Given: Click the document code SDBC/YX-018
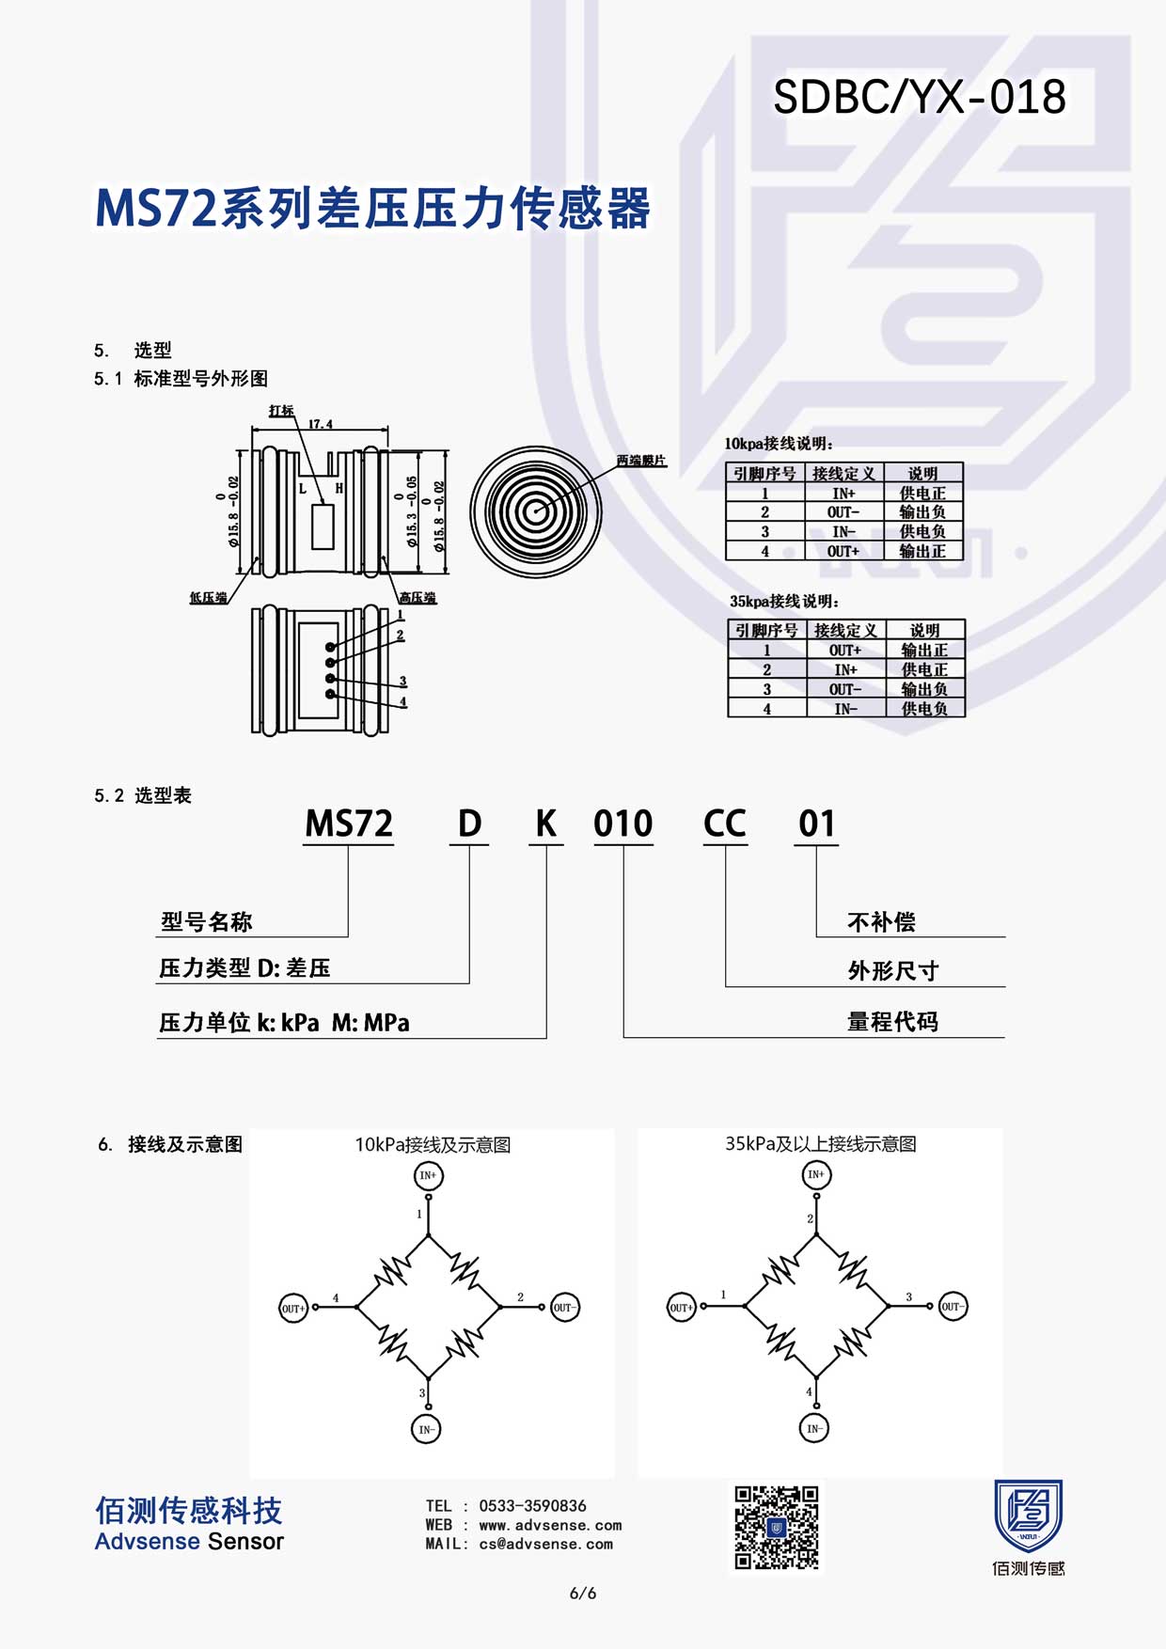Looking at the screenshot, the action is click(x=920, y=97).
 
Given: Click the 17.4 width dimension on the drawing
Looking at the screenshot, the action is click(x=321, y=424).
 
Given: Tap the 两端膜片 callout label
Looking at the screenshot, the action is click(x=641, y=461).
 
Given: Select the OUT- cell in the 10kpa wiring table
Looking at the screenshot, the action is click(x=843, y=512).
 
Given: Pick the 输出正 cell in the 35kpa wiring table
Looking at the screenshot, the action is click(x=924, y=650).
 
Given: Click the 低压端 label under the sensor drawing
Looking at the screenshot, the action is click(x=208, y=597).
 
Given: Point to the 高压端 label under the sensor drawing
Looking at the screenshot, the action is click(x=417, y=597).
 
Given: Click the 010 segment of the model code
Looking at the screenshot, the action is click(x=623, y=824).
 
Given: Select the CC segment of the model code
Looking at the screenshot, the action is click(x=725, y=824).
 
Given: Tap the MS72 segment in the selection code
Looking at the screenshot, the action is click(x=349, y=824).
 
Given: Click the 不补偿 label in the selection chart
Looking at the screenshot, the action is click(x=881, y=921).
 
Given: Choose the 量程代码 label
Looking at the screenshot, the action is click(x=892, y=1021).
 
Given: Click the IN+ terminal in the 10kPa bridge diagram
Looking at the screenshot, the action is click(x=428, y=1175).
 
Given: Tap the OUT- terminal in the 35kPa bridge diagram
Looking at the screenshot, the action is click(x=953, y=1307).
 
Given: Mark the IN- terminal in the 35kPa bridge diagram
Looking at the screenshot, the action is click(x=814, y=1429).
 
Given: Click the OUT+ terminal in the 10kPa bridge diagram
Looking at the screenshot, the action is click(x=293, y=1308).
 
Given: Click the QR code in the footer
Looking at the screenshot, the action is click(x=777, y=1528).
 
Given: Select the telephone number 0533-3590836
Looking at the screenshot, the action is click(x=533, y=1505).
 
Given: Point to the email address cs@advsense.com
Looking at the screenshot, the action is click(x=546, y=1544).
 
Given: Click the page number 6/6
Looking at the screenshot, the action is click(x=583, y=1594).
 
